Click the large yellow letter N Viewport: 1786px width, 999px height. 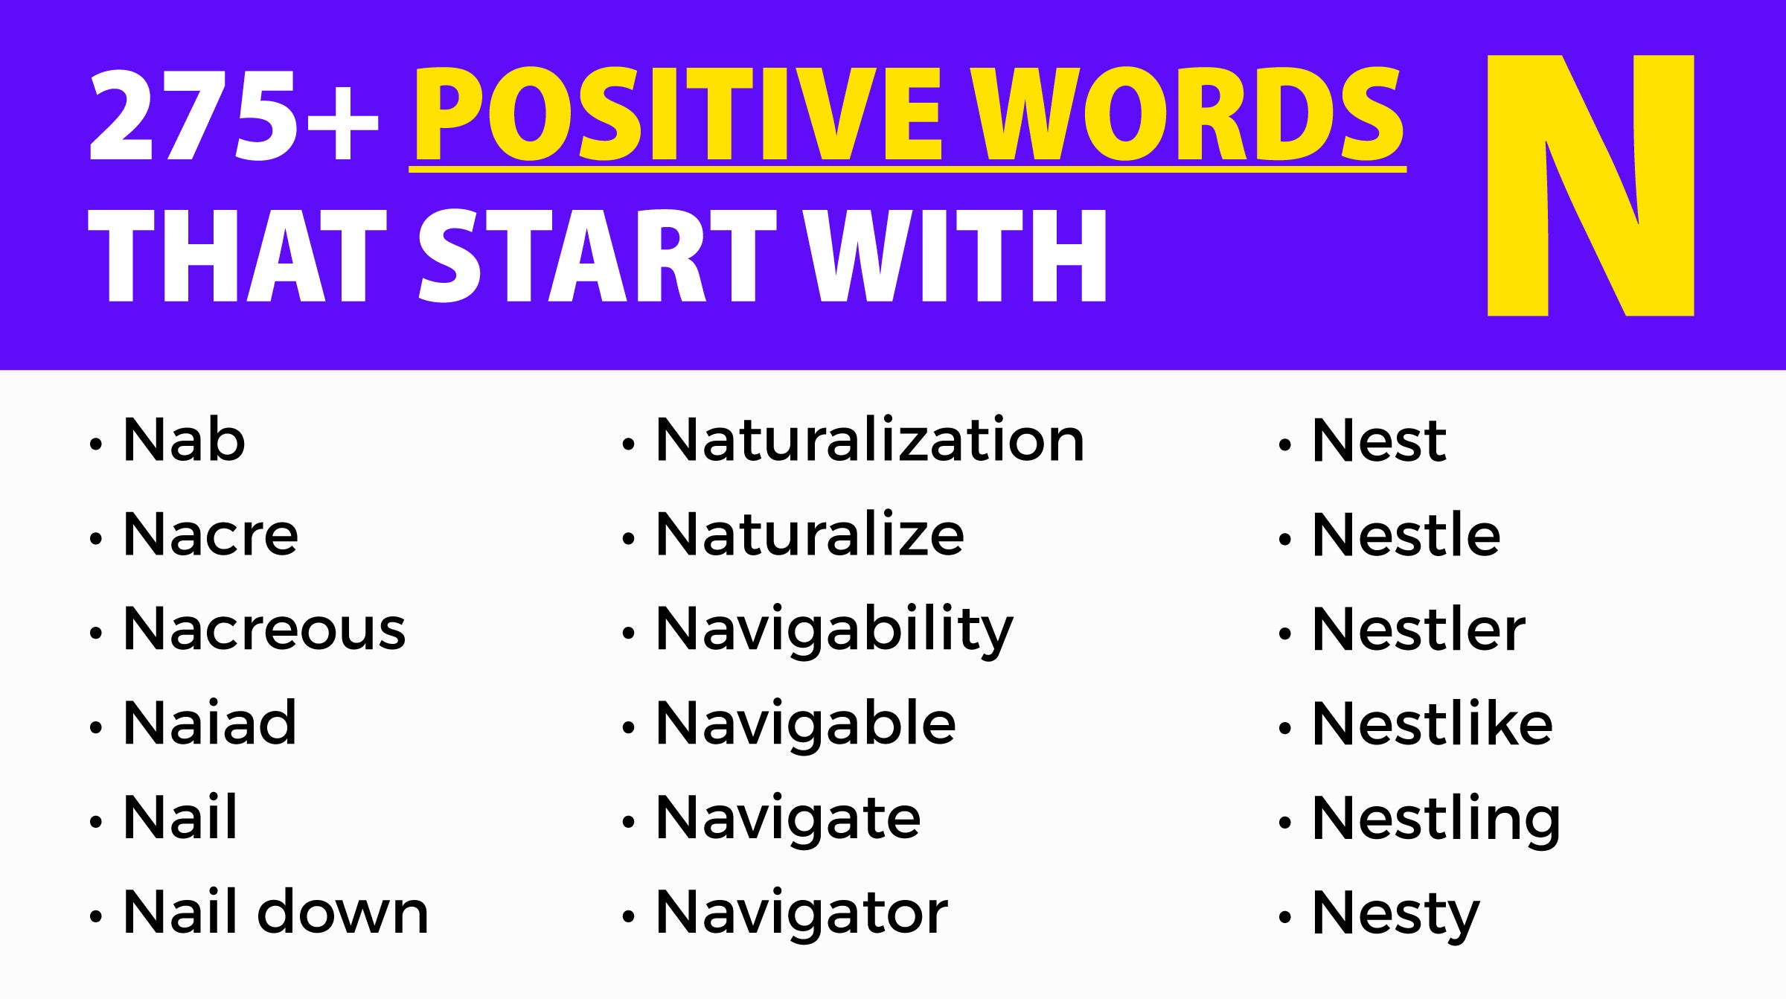click(x=1590, y=186)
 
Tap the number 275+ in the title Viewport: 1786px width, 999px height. click(x=233, y=115)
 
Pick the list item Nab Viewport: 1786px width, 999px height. click(x=184, y=440)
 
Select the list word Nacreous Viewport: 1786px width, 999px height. click(x=264, y=629)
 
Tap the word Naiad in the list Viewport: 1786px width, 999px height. click(x=210, y=723)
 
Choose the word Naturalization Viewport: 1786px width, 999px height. click(x=870, y=440)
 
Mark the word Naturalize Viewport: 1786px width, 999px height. click(x=810, y=534)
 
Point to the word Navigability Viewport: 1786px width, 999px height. click(x=834, y=631)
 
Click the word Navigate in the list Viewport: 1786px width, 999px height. click(x=788, y=819)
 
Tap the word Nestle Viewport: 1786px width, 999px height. click(x=1406, y=534)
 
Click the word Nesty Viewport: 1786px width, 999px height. click(x=1395, y=914)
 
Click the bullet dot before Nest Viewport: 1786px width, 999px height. click(x=1284, y=445)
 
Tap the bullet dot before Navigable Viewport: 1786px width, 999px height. click(x=628, y=728)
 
